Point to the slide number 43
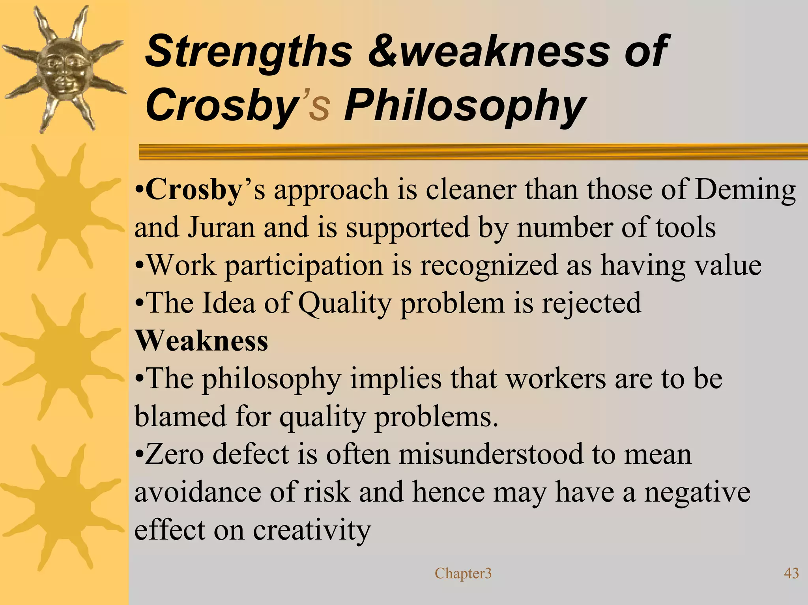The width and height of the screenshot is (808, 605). pyautogui.click(x=791, y=573)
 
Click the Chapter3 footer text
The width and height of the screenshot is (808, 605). pyautogui.click(x=463, y=573)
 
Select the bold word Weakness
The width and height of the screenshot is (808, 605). pyautogui.click(x=201, y=341)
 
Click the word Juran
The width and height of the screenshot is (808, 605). pyautogui.click(x=221, y=228)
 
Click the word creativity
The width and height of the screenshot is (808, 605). pyautogui.click(x=312, y=530)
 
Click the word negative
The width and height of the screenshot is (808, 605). pyautogui.click(x=697, y=492)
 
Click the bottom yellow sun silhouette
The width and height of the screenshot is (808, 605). pyautogui.click(x=61, y=507)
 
